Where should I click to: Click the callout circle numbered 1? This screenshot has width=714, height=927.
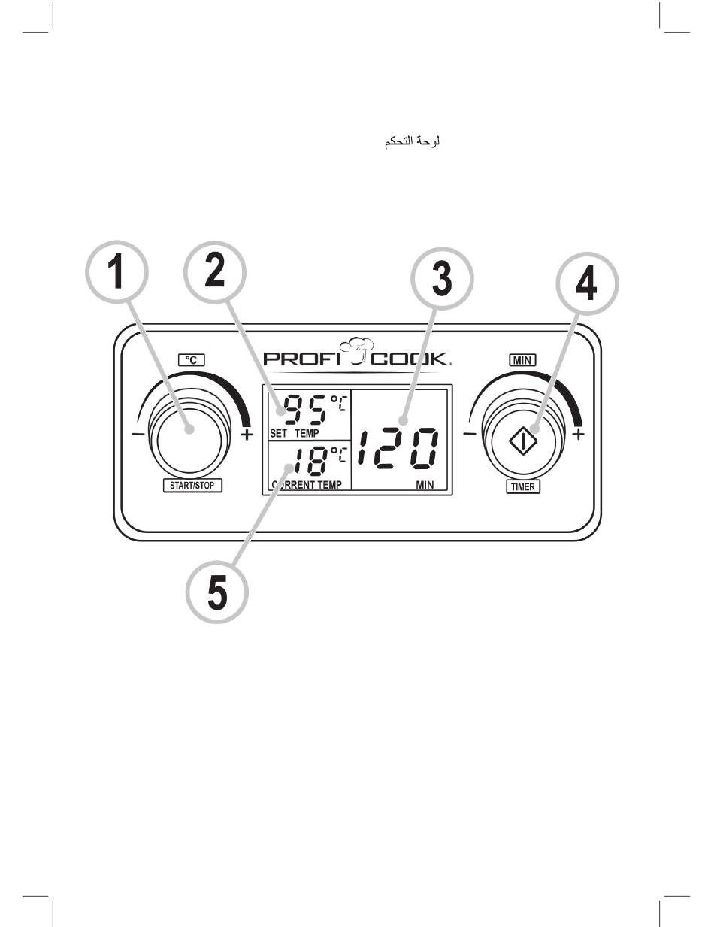coord(115,273)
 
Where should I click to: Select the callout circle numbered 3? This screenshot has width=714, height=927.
coord(443,277)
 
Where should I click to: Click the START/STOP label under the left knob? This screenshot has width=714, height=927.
coord(192,486)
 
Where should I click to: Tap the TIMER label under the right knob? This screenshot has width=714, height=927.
coord(523,486)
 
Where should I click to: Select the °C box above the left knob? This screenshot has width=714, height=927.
coord(192,360)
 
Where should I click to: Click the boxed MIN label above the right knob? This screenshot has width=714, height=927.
coord(523,360)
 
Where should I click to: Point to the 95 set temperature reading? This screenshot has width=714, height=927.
coord(305,410)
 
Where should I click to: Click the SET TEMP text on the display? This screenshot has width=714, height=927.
coord(294,434)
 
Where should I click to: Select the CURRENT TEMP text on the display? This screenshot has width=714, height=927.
coord(307,485)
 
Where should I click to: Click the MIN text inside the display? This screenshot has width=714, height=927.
coord(425,485)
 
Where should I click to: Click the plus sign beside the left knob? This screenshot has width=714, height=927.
coord(247,435)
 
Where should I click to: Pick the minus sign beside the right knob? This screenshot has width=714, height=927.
coord(469,435)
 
